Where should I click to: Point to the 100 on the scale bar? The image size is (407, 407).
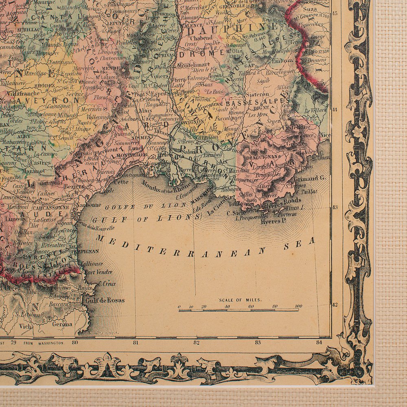tap(298, 306)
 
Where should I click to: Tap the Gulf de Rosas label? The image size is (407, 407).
tap(105, 301)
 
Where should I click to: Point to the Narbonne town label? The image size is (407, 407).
tap(92, 205)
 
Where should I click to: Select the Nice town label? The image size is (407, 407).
tap(325, 134)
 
